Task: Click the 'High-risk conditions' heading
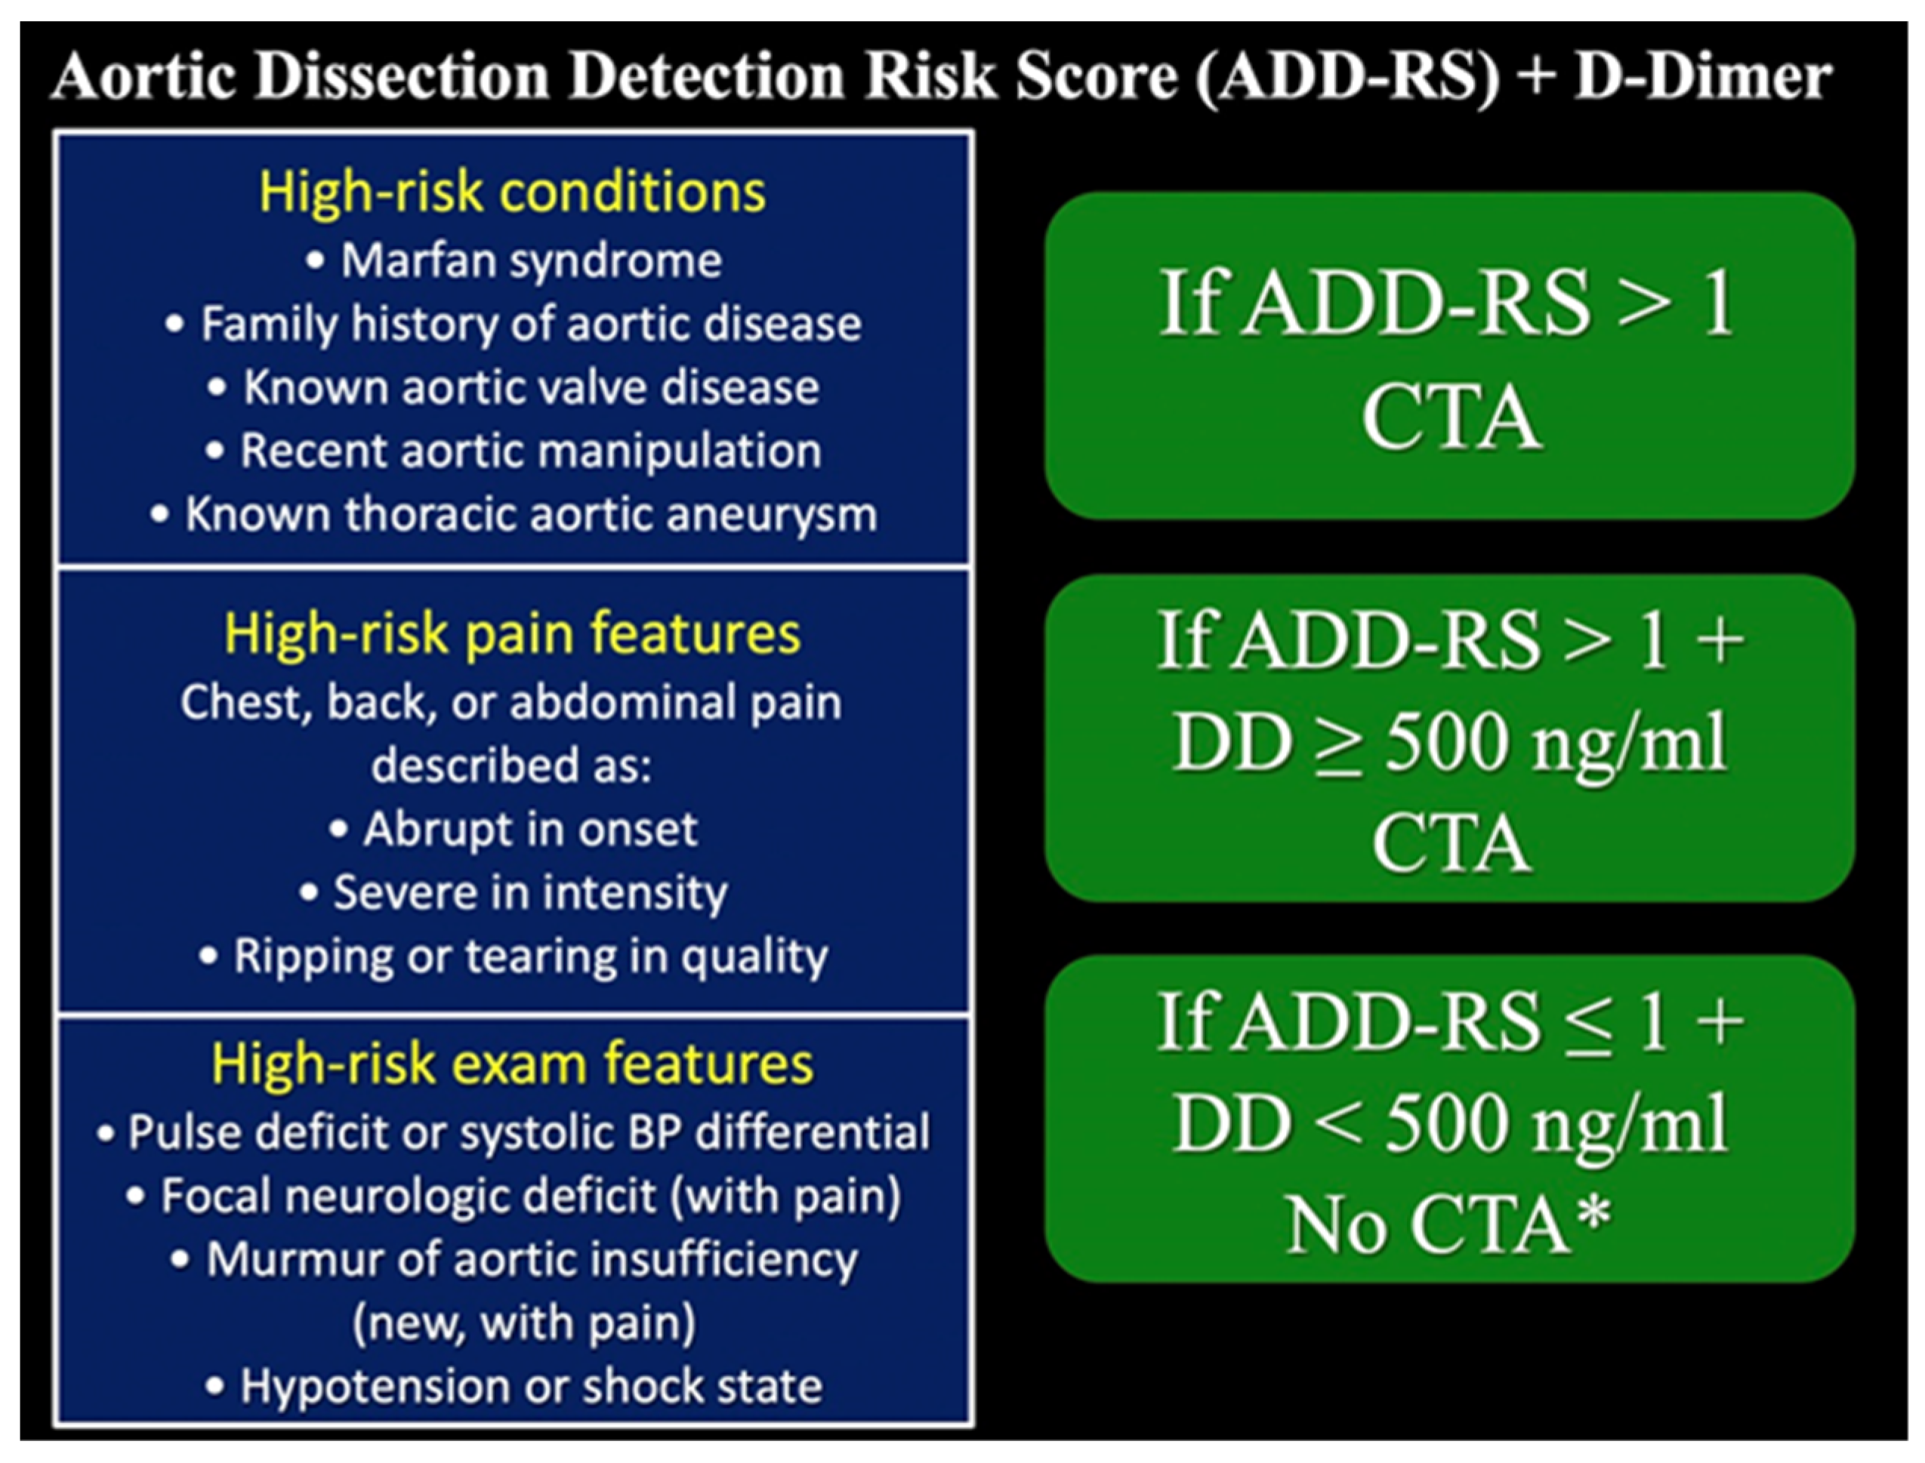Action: [512, 192]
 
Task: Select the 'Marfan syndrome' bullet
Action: [515, 260]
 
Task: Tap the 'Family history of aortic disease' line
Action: [514, 324]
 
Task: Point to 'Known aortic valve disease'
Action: [515, 387]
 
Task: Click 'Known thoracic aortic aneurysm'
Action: [514, 515]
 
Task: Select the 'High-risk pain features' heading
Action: [512, 633]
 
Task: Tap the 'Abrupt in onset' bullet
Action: [514, 829]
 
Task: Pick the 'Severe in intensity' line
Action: [514, 892]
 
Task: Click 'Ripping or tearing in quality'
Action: [514, 956]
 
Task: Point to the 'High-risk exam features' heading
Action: [512, 1064]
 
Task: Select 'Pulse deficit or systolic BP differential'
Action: [514, 1133]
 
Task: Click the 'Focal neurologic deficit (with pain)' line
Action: [514, 1196]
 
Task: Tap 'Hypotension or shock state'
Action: [514, 1386]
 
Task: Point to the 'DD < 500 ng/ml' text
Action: [1449, 1124]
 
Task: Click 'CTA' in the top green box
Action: [1451, 419]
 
